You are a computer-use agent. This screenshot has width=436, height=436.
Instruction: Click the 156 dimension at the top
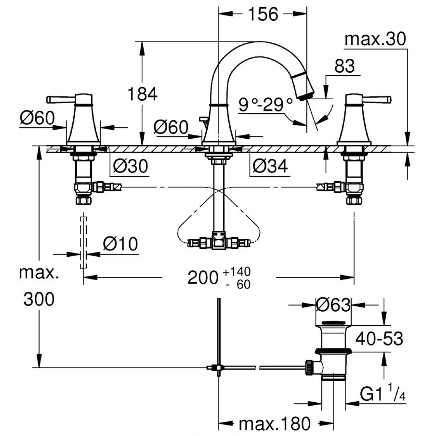(x=263, y=14)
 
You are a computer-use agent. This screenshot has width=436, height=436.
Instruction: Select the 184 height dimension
(x=142, y=94)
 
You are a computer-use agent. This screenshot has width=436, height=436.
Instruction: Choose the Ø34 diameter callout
(x=269, y=166)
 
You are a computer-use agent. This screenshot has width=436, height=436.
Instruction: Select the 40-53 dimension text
(x=379, y=339)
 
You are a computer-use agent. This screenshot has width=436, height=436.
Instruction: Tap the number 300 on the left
(x=38, y=299)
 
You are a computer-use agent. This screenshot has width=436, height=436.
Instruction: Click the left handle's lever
(x=60, y=99)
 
